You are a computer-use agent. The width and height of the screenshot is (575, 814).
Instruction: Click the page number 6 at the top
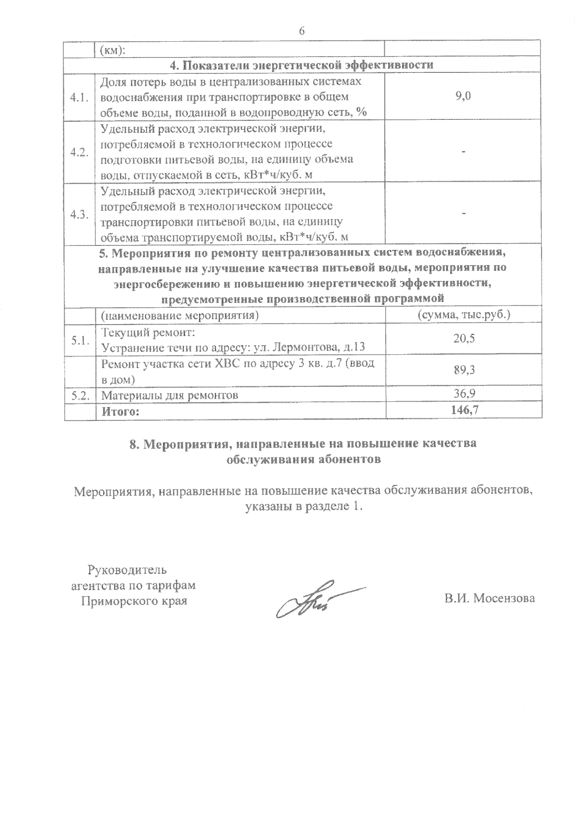[x=301, y=31]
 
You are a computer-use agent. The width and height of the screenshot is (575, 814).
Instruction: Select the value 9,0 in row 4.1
[x=463, y=96]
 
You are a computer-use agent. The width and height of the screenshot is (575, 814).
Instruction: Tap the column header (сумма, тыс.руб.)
[x=463, y=315]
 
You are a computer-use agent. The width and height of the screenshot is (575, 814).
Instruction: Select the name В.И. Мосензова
[x=489, y=598]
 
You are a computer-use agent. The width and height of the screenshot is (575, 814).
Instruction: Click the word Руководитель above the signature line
[x=127, y=570]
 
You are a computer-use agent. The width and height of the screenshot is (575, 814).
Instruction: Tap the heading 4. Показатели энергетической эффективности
[x=302, y=65]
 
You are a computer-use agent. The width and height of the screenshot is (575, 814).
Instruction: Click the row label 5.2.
[x=80, y=395]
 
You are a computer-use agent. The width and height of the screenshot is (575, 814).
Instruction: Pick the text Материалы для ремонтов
[x=170, y=395]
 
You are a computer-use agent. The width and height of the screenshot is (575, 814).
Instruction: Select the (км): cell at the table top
[x=112, y=50]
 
